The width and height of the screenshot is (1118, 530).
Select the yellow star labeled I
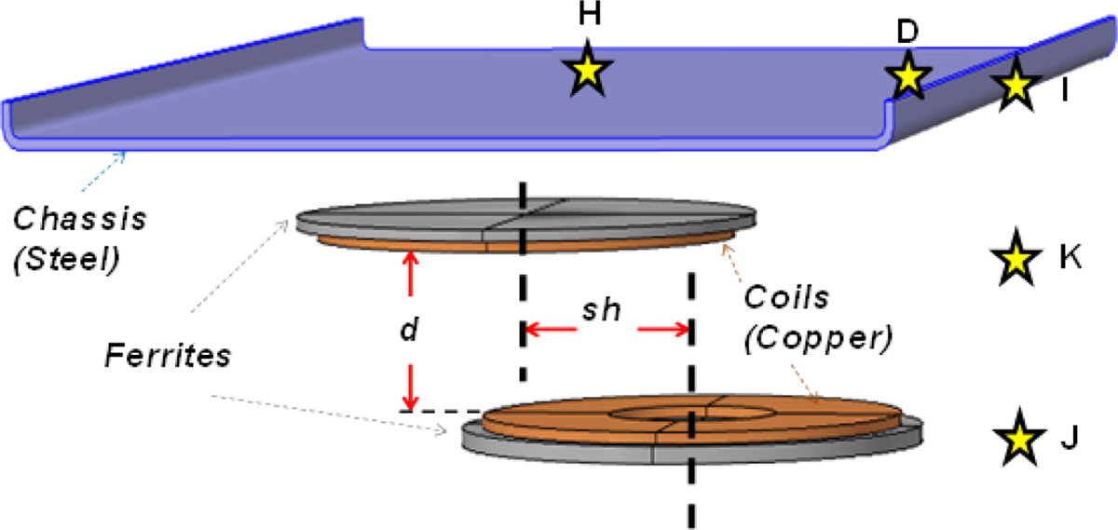pyautogui.click(x=1015, y=86)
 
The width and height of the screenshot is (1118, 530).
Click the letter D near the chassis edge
pyautogui.click(x=907, y=32)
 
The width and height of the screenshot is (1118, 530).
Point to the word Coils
pyautogui.click(x=782, y=302)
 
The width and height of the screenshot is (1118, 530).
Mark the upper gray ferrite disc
pyautogui.click(x=522, y=217)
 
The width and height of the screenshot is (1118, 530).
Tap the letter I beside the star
pyautogui.click(x=1062, y=93)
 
